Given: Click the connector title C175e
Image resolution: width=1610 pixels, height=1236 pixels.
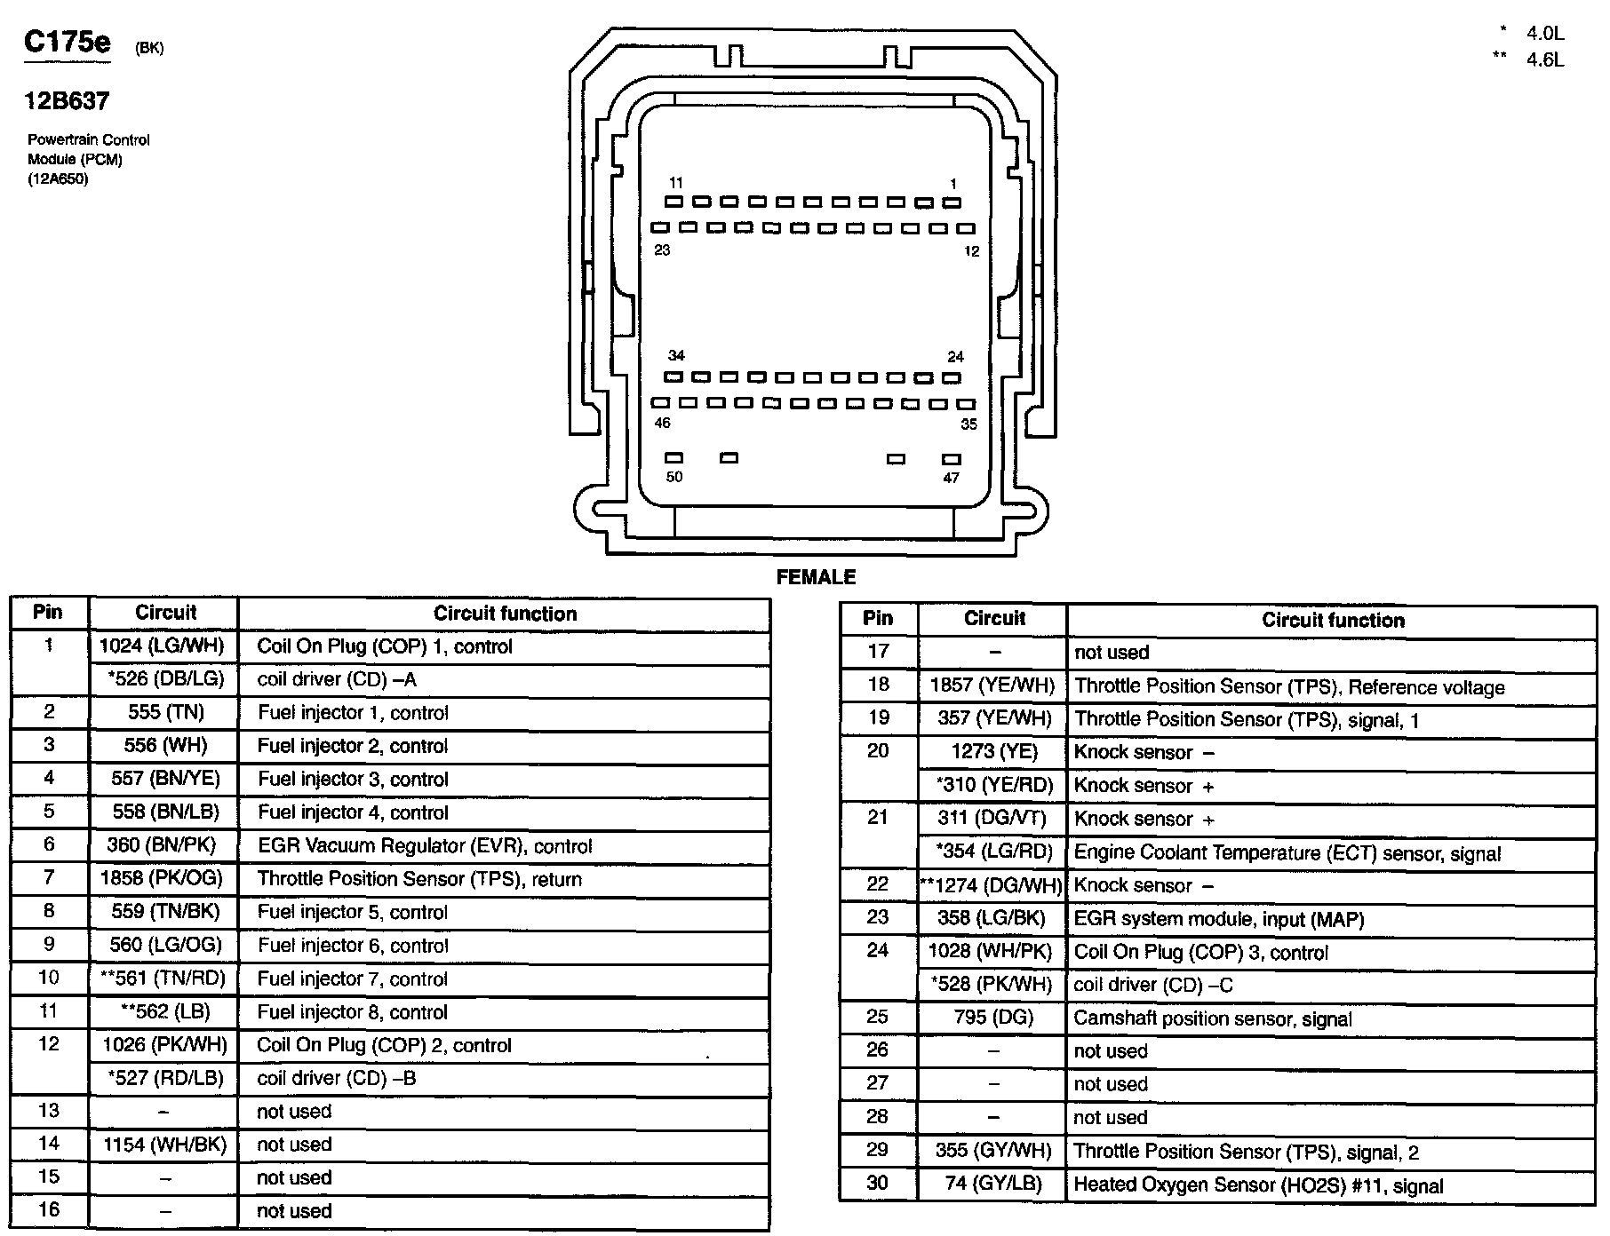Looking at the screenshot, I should click(68, 43).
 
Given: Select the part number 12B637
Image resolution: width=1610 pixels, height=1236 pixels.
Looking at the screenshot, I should click(67, 101).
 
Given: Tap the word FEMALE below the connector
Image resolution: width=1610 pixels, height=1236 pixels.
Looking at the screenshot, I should click(816, 577).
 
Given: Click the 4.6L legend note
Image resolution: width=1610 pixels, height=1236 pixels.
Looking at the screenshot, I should click(1544, 60).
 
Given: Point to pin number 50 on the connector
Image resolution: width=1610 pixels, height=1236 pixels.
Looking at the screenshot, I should click(674, 478).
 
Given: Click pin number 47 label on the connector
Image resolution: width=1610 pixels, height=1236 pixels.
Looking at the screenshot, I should click(951, 479).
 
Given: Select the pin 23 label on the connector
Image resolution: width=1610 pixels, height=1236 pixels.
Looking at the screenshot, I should click(662, 250).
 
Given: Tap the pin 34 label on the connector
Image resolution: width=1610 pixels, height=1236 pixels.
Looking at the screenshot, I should click(676, 356).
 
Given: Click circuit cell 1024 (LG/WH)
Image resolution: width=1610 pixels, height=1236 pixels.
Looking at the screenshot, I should click(163, 646).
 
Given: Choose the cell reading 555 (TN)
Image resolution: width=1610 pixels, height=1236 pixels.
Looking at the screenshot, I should click(163, 712).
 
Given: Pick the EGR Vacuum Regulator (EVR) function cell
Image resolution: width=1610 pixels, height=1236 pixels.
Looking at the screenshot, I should click(425, 846).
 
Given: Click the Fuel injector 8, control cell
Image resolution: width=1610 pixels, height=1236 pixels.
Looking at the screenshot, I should click(352, 1012).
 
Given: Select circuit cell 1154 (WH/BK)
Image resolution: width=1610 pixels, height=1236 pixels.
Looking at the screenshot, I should click(164, 1145).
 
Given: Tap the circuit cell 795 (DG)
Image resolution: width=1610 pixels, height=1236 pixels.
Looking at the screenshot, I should click(992, 1018).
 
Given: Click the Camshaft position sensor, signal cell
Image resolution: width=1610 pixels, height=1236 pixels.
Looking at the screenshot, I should click(1213, 1018).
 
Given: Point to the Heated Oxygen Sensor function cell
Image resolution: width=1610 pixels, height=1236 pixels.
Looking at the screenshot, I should click(1258, 1185).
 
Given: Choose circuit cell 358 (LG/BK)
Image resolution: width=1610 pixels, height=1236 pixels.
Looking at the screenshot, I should click(992, 919).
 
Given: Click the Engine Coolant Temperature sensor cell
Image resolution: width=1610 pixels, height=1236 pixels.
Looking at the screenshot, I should click(1287, 853).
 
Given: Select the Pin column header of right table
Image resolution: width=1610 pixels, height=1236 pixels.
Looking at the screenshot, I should click(878, 619).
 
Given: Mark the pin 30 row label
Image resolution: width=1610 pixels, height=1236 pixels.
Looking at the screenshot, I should click(878, 1184).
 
